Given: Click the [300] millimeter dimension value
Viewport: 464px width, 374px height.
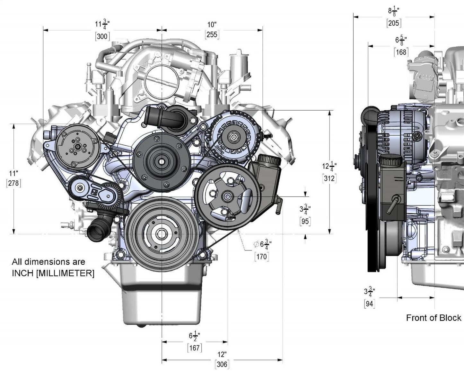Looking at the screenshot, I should pos(102,36).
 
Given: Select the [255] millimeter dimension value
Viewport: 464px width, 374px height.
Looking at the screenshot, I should pos(212,34).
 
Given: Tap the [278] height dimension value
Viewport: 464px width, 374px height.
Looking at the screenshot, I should pos(13,183).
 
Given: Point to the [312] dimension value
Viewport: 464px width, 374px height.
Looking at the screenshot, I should pos(329,178).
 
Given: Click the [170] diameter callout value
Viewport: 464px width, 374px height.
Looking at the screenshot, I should pos(261,257).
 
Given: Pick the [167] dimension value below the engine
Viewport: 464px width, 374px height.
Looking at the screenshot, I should pos(195,348).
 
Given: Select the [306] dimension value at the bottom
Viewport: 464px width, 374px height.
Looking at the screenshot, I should pos(222,364).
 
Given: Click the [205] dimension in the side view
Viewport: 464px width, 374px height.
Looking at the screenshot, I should pos(394,23).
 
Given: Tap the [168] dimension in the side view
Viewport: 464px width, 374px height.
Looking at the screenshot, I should pos(401,52).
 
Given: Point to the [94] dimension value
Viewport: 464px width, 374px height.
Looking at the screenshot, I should pos(370,303).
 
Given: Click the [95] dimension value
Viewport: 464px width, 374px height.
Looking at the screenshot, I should pos(305,221).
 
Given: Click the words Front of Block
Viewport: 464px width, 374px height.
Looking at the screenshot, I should pos(433,318).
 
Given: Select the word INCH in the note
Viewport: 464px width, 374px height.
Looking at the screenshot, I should pos(22,273).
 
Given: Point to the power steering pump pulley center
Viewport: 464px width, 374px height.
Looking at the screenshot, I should pos(227,196).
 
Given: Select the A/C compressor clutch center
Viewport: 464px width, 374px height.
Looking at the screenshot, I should pos(77,146).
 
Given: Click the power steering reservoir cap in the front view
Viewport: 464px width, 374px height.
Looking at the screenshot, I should pos(269,158).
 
